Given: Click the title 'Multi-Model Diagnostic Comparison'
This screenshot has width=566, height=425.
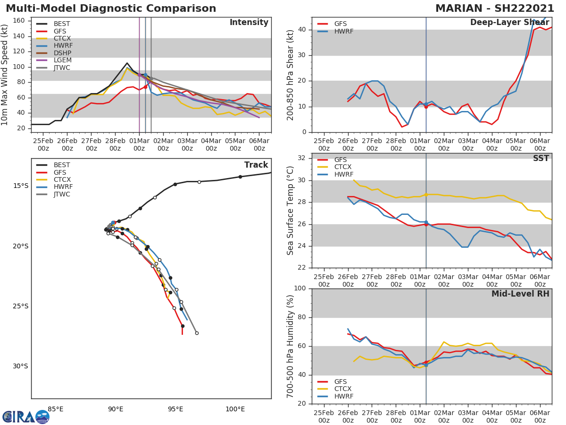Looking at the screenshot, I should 111,8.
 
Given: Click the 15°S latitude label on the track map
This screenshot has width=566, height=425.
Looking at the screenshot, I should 21,186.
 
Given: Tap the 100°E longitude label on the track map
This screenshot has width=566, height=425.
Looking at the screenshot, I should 235,409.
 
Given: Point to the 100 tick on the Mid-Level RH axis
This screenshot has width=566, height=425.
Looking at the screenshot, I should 300,289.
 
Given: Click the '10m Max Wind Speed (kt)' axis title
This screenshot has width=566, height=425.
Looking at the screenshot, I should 5,75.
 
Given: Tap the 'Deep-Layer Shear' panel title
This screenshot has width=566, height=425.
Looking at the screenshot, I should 509,23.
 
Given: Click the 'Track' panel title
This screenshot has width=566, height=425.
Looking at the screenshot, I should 256,165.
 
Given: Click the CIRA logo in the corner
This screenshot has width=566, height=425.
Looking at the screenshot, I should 25,416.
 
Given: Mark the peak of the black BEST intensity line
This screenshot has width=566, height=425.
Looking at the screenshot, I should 127,63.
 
